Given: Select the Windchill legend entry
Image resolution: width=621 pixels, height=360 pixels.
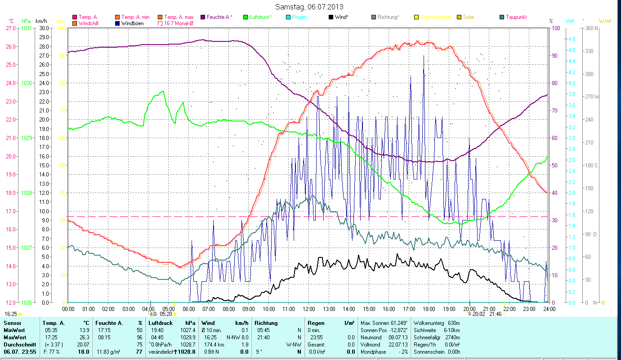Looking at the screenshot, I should click(x=91, y=23).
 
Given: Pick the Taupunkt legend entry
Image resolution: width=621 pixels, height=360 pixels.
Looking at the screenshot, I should click(x=516, y=17).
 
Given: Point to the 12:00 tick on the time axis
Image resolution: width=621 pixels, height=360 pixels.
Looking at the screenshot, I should click(x=309, y=309).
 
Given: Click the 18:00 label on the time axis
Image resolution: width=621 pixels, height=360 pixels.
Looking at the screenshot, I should click(x=429, y=309).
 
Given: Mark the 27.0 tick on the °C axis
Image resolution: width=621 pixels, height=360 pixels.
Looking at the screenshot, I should click(x=10, y=28).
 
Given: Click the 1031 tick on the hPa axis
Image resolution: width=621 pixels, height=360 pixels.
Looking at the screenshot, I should click(x=27, y=28).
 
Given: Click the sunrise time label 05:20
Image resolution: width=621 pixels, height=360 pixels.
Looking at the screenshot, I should click(x=166, y=314).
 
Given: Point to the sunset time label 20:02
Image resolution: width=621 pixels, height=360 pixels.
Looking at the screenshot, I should click(x=479, y=314).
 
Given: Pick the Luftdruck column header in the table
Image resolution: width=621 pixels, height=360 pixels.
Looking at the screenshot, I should click(x=161, y=323).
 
